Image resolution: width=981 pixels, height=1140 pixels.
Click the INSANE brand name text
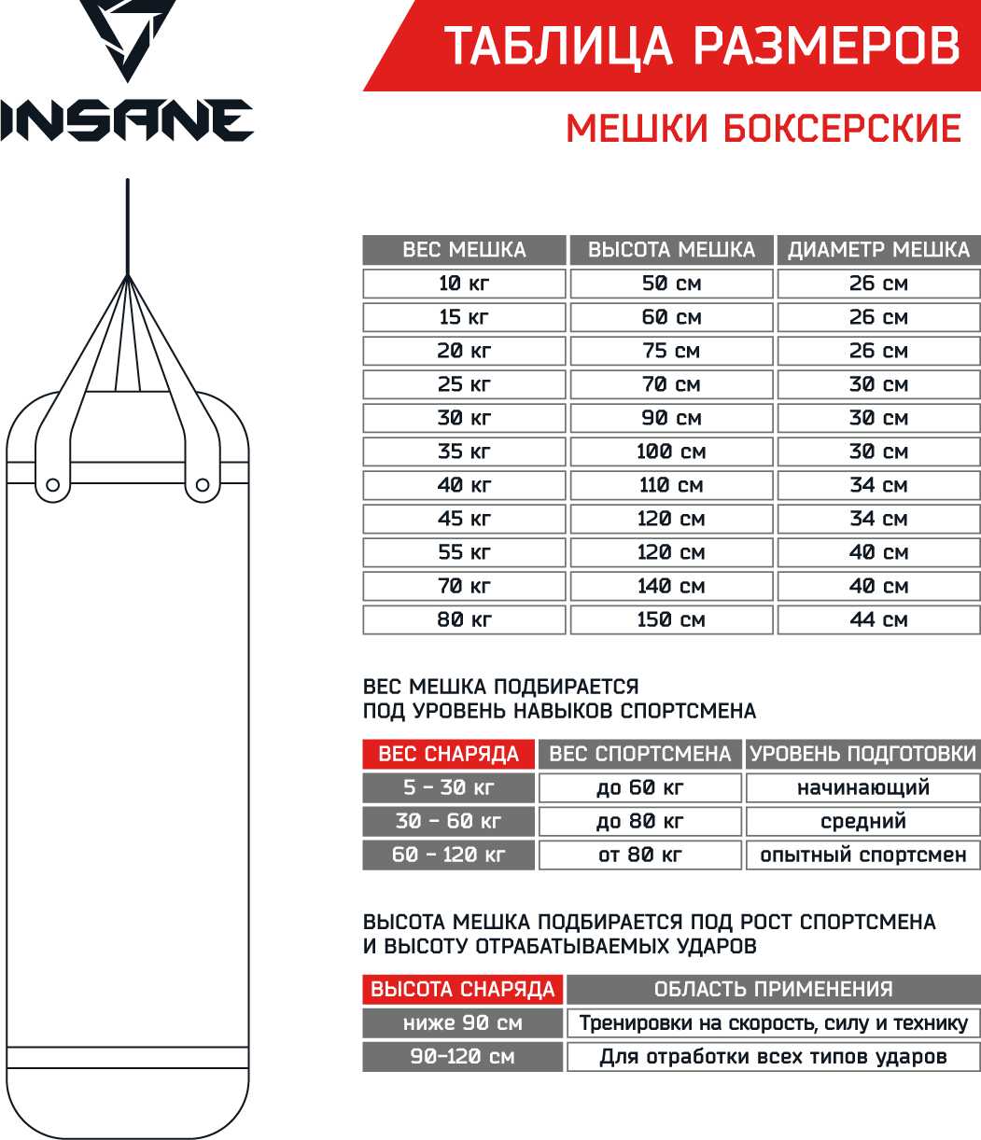click(126, 119)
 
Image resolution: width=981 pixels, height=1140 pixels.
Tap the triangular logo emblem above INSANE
click(126, 39)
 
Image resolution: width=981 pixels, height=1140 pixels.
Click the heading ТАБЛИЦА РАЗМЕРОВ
click(701, 47)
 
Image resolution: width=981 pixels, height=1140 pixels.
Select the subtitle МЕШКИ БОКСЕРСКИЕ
click(764, 128)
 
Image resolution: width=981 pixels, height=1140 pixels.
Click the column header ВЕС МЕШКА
click(464, 250)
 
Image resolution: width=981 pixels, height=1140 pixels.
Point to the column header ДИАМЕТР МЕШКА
click(878, 250)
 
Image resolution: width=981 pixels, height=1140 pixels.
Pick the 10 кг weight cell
click(464, 284)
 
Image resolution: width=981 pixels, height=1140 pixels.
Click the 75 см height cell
click(671, 351)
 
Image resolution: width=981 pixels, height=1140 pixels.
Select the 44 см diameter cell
click(878, 619)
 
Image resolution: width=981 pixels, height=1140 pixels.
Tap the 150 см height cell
click(671, 619)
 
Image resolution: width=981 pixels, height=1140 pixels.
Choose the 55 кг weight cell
click(464, 552)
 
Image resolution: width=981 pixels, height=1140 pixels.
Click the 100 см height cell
click(671, 452)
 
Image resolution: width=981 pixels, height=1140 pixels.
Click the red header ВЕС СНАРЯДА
click(448, 754)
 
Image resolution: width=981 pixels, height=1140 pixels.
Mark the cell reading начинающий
click(863, 787)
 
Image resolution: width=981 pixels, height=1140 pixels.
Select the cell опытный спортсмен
click(863, 855)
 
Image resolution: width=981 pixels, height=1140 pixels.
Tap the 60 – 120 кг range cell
click(448, 855)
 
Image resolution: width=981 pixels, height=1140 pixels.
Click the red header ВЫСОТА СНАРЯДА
click(463, 989)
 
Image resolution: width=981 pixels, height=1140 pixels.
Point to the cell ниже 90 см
click(463, 1022)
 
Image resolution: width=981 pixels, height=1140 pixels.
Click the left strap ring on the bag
click(52, 484)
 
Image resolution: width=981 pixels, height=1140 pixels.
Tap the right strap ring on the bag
click(203, 484)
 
